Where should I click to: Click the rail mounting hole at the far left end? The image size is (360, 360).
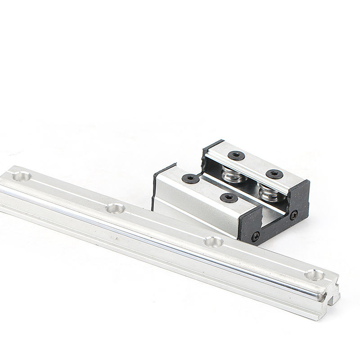coord(21,176)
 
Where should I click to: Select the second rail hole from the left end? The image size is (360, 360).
coord(115,208)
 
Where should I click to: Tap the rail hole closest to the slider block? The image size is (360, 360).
coord(214,242)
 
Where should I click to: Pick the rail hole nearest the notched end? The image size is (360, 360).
coord(314,274)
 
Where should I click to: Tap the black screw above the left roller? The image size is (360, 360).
coord(236,156)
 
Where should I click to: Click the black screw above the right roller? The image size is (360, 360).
coord(274,174)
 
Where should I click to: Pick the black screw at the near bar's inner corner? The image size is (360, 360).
coord(190,179)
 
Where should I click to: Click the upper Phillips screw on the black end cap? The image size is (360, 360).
coord(294,215)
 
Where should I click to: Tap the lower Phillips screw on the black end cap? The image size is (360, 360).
coord(256,236)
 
